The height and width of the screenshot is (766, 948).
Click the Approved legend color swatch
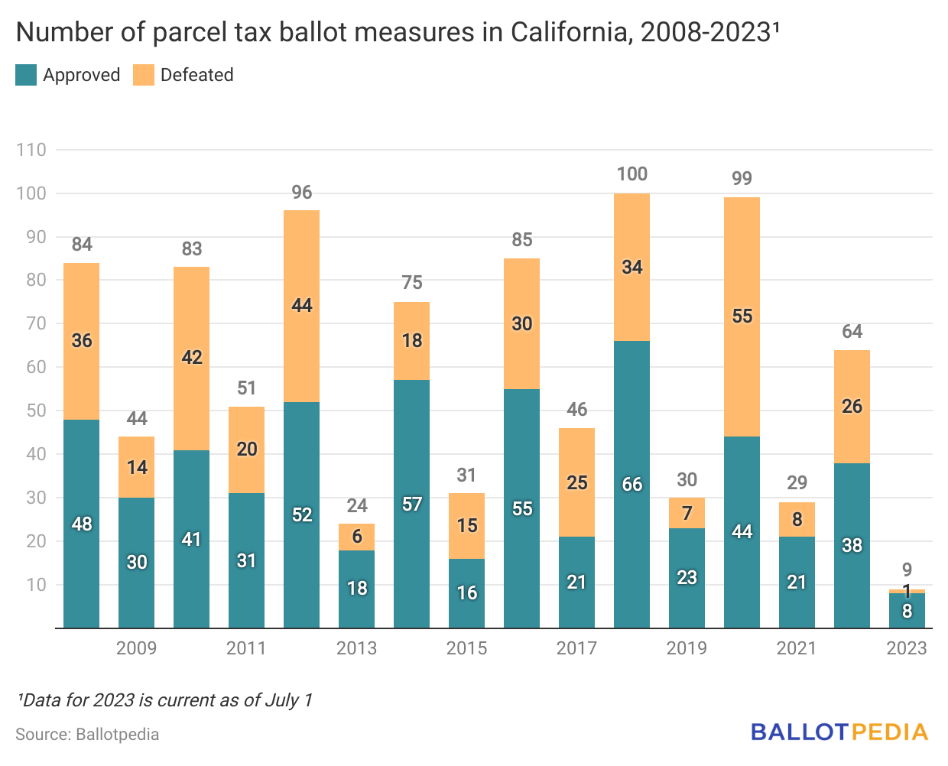[x=26, y=75]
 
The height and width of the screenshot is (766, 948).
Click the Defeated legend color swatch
[x=144, y=75]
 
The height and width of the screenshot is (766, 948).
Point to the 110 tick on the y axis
[x=31, y=150]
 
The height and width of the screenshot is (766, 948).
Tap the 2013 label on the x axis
[x=356, y=648]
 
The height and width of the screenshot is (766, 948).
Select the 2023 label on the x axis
[x=906, y=648]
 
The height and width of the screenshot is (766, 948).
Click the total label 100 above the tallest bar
[x=632, y=174]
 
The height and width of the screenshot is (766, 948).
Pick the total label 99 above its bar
[x=742, y=179]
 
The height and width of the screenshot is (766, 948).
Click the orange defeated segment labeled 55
[x=742, y=316]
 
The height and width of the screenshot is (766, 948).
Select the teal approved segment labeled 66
[x=632, y=485]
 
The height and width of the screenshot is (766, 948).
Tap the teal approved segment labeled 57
[x=412, y=505]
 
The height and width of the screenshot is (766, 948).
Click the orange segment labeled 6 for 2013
[x=357, y=537]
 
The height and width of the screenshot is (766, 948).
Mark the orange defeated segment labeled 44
[x=302, y=306]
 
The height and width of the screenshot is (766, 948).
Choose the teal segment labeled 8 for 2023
[x=907, y=611]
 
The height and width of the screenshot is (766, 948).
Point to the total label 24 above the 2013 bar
[x=357, y=506]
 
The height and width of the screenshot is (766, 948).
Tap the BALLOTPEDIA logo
[x=839, y=732]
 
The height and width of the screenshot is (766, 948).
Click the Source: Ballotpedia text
[x=87, y=735]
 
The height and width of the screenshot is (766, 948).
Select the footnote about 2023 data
[x=164, y=699]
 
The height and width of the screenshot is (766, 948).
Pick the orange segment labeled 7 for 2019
[x=687, y=513]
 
